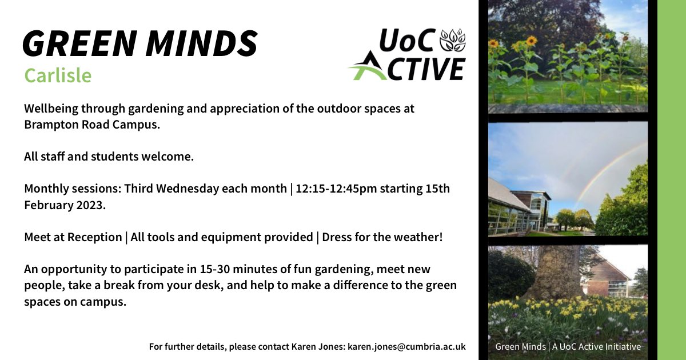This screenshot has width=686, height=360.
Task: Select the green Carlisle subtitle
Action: tap(58, 75)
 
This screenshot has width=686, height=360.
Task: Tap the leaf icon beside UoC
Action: tap(452, 40)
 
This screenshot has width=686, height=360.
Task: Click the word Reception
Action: tap(94, 237)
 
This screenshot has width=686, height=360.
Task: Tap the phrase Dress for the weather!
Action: tap(382, 237)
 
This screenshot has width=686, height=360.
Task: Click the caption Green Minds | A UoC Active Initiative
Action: tap(568, 346)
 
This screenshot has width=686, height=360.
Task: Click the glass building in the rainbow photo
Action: tap(517, 209)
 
